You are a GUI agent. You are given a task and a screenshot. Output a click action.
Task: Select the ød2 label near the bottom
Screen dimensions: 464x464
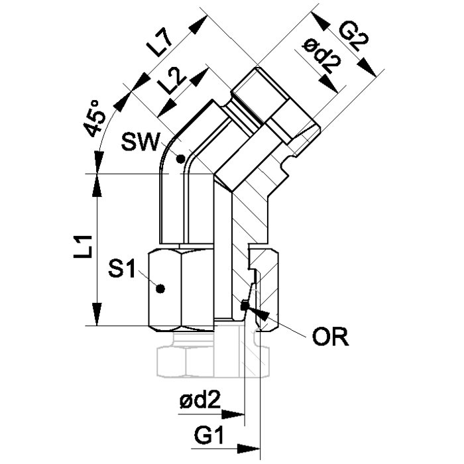click(x=200, y=402)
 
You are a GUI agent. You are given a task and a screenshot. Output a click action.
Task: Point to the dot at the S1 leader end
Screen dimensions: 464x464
click(x=160, y=288)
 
